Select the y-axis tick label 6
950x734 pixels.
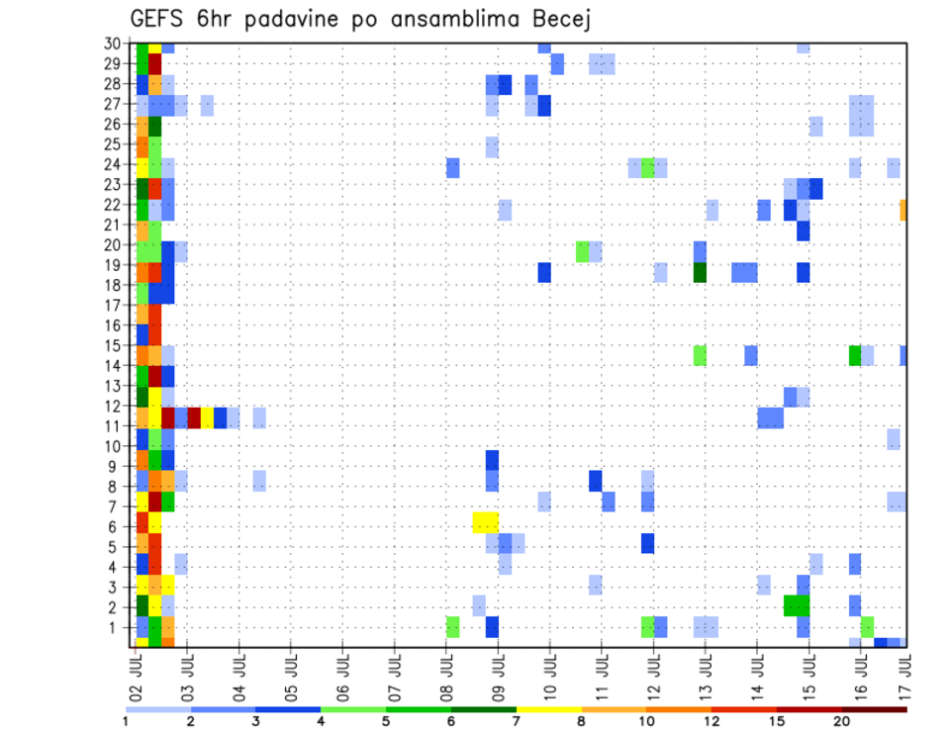coord(117,525)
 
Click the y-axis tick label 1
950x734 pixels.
coord(117,626)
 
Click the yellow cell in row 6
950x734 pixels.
coord(485,521)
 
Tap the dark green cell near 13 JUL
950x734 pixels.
coord(701,272)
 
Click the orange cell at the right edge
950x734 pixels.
coord(903,210)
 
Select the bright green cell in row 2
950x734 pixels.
coord(797,605)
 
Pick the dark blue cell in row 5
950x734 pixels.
coord(647,543)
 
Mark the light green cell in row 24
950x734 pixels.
coord(647,167)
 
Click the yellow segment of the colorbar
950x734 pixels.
coord(549,709)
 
